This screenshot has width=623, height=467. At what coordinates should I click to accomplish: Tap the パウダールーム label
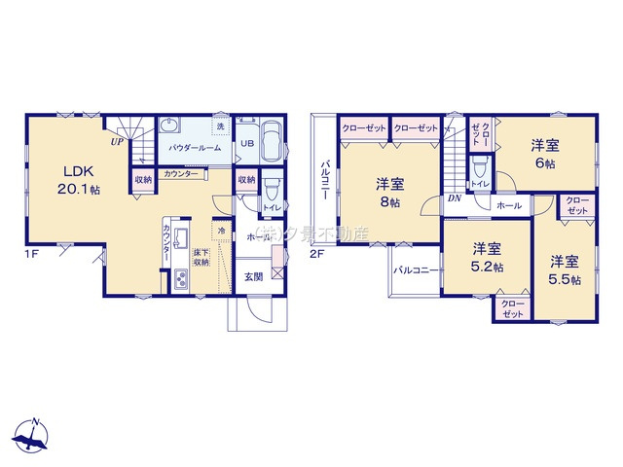pos(195,147)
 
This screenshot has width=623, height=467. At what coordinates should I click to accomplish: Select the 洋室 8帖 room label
pos(390,193)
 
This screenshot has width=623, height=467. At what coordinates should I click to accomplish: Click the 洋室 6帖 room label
pos(545,155)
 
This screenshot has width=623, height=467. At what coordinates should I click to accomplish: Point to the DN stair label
pos(454,198)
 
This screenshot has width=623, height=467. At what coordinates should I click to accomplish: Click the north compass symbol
pos(34,435)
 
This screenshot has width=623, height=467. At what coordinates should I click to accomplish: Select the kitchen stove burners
pos(183,281)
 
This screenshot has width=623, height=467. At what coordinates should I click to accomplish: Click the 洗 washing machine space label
pos(221,127)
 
